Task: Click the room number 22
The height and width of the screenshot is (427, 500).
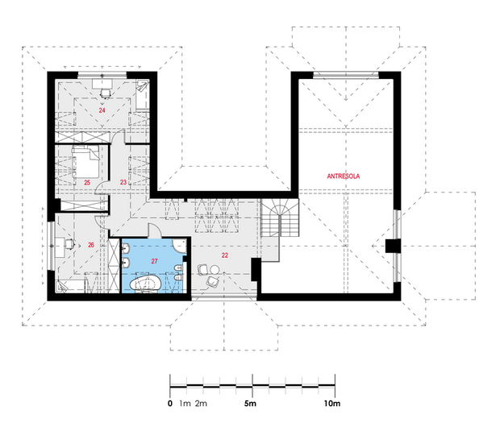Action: (225, 255)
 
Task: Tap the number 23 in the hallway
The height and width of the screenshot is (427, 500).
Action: (123, 182)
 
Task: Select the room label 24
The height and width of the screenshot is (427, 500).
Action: (102, 110)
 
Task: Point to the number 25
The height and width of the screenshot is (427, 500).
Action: (87, 183)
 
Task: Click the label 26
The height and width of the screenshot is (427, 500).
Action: (91, 245)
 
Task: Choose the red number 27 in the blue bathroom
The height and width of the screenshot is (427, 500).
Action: (154, 261)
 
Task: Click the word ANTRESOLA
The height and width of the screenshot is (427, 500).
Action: (344, 176)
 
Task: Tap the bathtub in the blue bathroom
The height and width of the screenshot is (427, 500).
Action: (145, 283)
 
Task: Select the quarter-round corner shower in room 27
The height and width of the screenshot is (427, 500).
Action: (180, 246)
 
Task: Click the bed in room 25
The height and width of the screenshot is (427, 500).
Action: (85, 162)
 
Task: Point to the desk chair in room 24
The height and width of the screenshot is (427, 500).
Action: (105, 93)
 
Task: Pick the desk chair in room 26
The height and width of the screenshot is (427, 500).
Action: (70, 244)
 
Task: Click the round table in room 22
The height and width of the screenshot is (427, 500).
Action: (215, 270)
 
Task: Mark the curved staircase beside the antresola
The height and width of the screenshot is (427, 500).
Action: (280, 218)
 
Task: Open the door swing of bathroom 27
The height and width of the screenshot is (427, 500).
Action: (155, 231)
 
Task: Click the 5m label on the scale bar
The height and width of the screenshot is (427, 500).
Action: (250, 404)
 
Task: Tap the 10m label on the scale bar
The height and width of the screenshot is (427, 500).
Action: (332, 404)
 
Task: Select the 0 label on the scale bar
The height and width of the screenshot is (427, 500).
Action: (170, 404)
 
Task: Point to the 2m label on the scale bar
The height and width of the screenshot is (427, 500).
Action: (201, 404)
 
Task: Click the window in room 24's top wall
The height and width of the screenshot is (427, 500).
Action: (102, 75)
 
